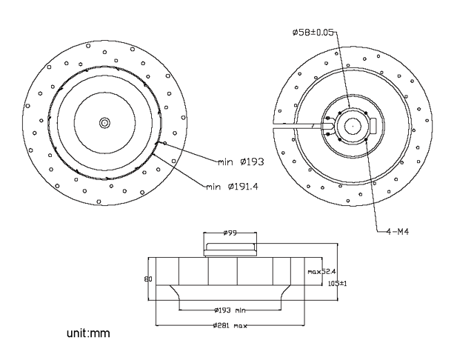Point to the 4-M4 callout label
coord(397,231)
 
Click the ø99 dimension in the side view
coord(230,233)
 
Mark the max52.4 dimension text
coord(321,272)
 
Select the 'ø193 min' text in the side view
coord(230,310)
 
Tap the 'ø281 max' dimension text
coord(231,326)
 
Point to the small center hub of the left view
coord(104,121)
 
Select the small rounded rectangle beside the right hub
coord(374,125)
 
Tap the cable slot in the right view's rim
coord(296,126)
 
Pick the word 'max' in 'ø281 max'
coord(241,326)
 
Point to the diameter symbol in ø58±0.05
coord(296,33)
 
